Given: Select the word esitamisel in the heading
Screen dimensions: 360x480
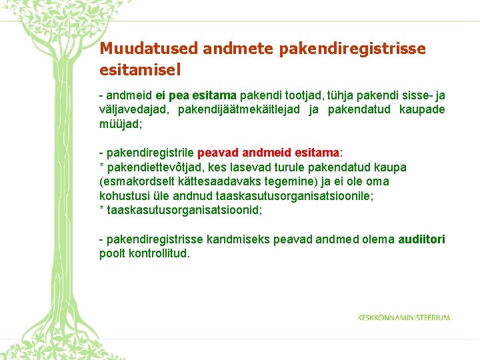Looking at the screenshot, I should pos(140,69).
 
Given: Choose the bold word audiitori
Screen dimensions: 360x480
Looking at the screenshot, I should pos(421,239).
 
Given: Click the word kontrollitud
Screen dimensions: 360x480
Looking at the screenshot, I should pos(157,253).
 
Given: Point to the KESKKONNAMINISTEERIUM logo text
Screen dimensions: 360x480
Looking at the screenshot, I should pos(403,317).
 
